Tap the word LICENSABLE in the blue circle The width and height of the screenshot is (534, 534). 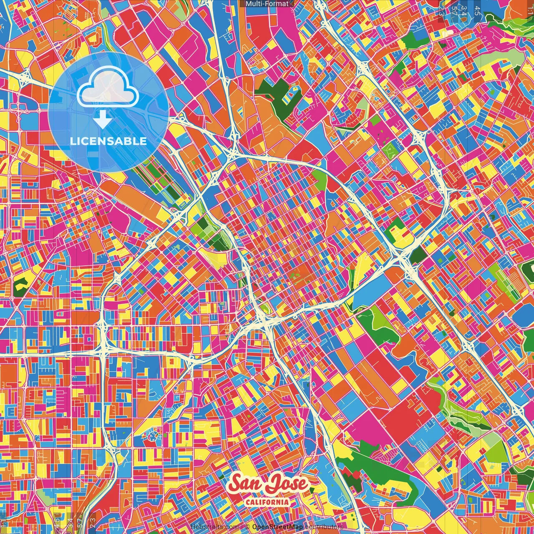[x=108, y=141]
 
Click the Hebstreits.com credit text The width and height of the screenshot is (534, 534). [x=214, y=527]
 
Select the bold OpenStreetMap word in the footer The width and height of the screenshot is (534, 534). [x=277, y=527]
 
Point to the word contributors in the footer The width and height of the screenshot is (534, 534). [x=323, y=527]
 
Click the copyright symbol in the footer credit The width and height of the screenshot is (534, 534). [x=247, y=527]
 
